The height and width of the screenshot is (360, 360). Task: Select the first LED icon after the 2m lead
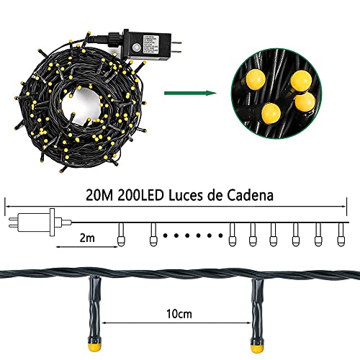pos(120,232)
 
